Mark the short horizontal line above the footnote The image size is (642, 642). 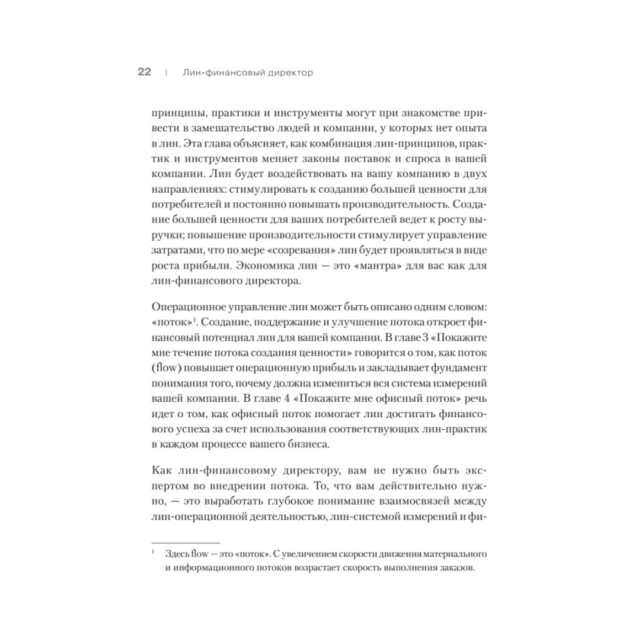[185, 542]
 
